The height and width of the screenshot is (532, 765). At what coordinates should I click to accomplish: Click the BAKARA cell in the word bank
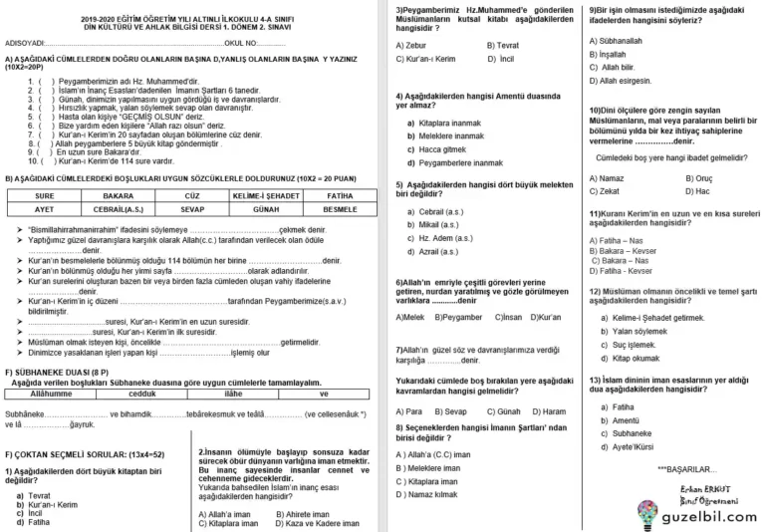(x=119, y=196)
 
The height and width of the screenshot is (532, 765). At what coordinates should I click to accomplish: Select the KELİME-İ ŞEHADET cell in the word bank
(x=265, y=196)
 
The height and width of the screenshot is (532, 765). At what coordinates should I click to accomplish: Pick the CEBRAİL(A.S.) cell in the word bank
(x=119, y=210)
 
